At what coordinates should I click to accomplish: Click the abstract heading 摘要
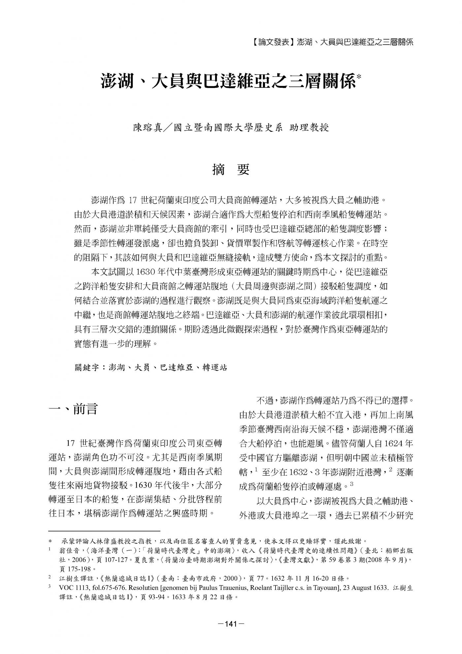[231, 170]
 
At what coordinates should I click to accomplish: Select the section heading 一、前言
[73, 409]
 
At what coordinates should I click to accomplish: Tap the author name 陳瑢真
[147, 128]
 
